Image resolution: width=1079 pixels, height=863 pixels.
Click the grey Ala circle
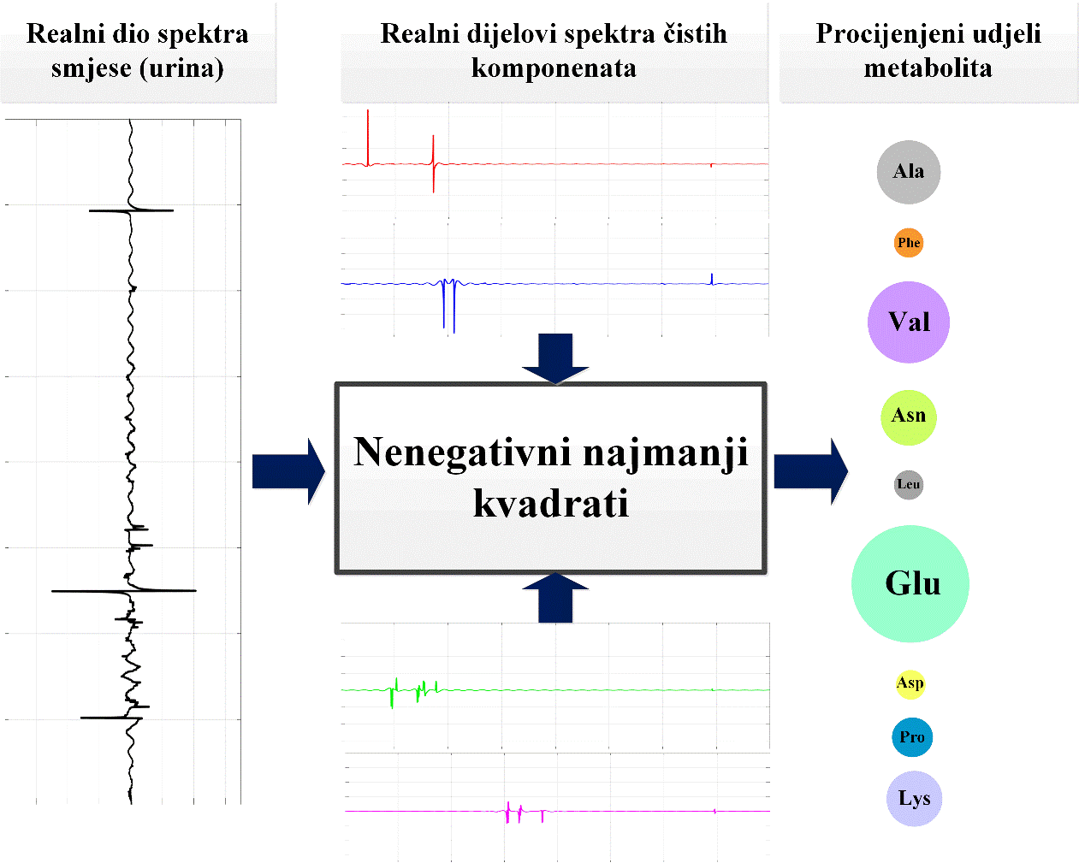click(x=908, y=172)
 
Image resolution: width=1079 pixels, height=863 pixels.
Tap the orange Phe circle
click(x=908, y=243)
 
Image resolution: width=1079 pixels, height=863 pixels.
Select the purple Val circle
click(x=908, y=322)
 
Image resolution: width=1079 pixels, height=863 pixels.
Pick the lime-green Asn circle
click(x=908, y=417)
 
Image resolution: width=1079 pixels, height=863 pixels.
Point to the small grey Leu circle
click(x=908, y=485)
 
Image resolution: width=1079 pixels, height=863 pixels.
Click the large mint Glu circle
click(x=910, y=583)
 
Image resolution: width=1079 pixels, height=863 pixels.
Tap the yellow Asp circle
click(x=910, y=683)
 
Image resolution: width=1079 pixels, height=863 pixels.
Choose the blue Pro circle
click(x=911, y=737)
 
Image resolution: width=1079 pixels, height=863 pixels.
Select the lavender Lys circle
click(x=914, y=799)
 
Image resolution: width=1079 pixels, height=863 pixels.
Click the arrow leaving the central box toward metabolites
click(x=809, y=471)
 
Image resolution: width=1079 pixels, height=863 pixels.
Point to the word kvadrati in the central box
click(x=551, y=504)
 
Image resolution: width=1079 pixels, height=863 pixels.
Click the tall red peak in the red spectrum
click(x=368, y=137)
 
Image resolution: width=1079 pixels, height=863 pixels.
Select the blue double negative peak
click(x=448, y=306)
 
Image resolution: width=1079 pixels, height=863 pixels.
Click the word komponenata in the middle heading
click(x=554, y=68)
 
